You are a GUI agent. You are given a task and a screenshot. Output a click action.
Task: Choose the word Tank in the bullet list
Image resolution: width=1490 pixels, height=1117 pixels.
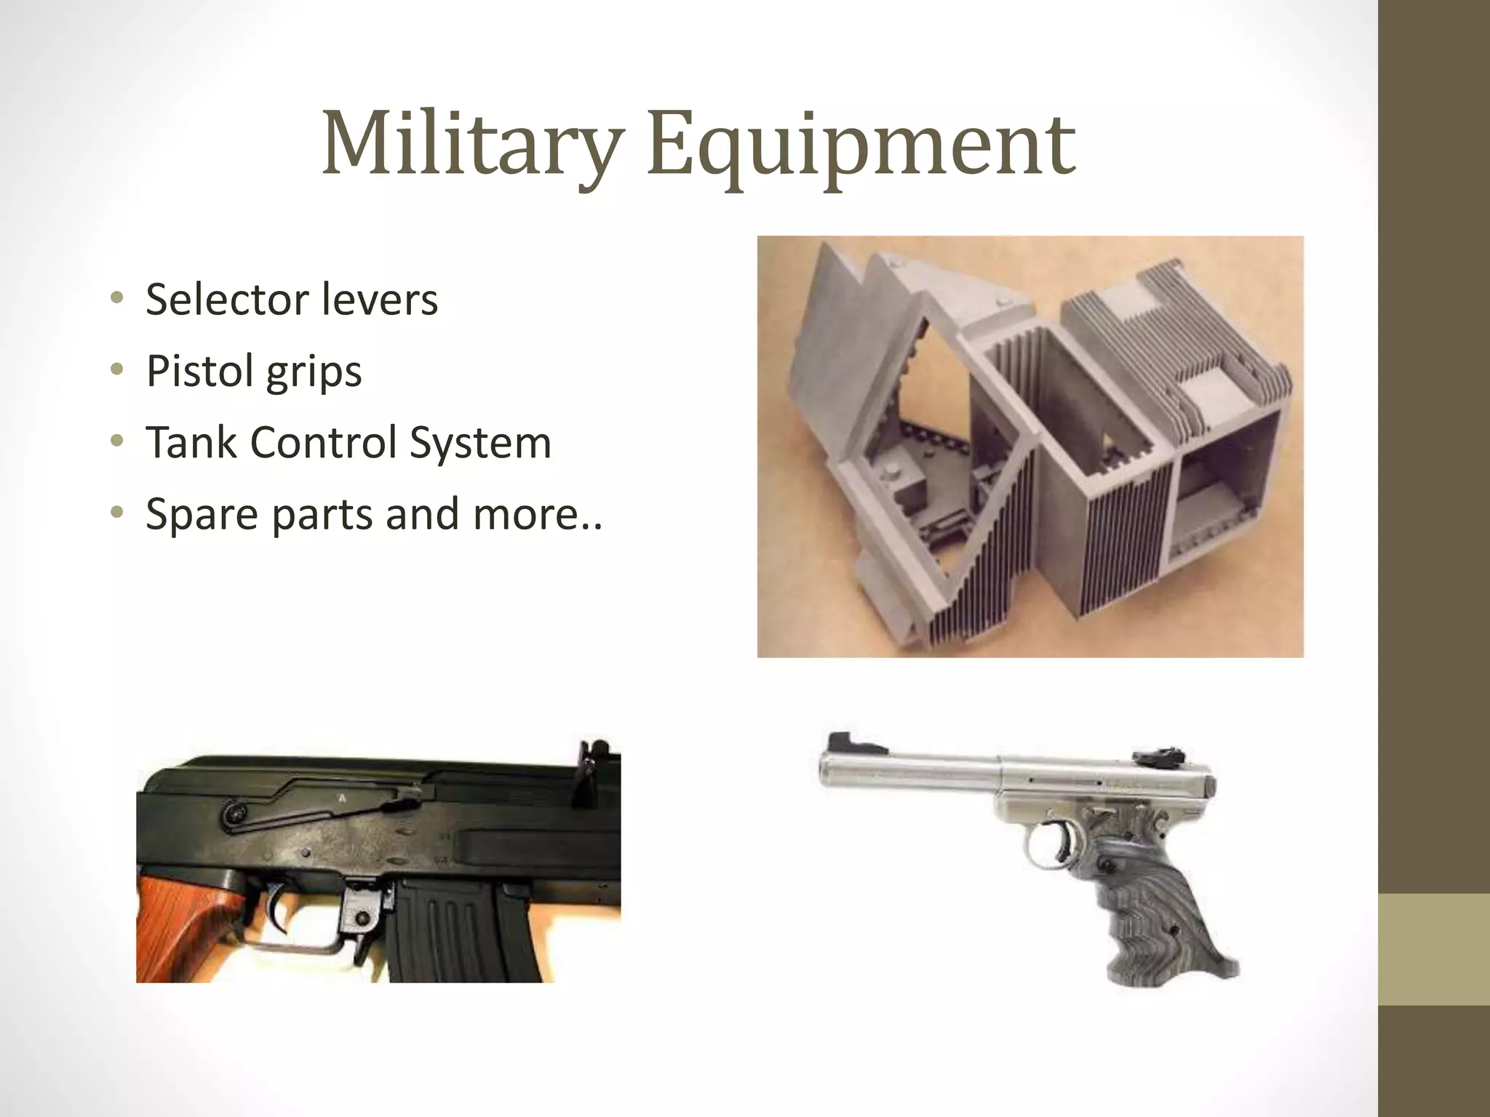[191, 442]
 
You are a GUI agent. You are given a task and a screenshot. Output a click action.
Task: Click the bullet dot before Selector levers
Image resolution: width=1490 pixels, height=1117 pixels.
[117, 299]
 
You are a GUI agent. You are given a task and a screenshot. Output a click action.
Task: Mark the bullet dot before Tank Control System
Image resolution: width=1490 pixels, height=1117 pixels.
[117, 442]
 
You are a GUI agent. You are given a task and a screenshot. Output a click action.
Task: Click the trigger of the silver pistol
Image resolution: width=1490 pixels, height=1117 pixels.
[1064, 844]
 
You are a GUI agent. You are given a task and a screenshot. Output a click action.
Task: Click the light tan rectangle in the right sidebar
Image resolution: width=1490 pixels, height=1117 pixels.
[1433, 950]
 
